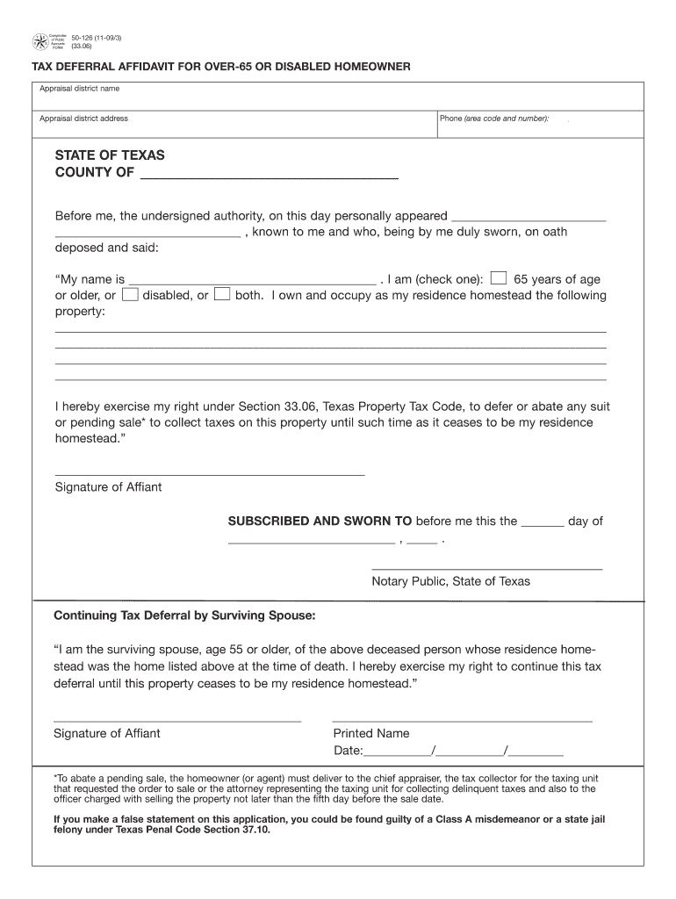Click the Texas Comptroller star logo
pyautogui.click(x=40, y=40)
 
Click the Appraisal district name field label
pyautogui.click(x=80, y=89)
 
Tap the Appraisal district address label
pyautogui.click(x=83, y=119)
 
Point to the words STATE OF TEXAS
pyautogui.click(x=110, y=155)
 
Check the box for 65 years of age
pyautogui.click(x=498, y=279)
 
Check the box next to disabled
pyautogui.click(x=130, y=295)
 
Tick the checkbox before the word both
pyautogui.click(x=222, y=295)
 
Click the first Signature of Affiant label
pyautogui.click(x=108, y=487)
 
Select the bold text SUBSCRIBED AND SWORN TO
pyautogui.click(x=320, y=521)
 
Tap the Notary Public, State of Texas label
pyautogui.click(x=450, y=581)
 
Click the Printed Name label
pyautogui.click(x=370, y=733)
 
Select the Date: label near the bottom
pyautogui.click(x=348, y=751)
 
